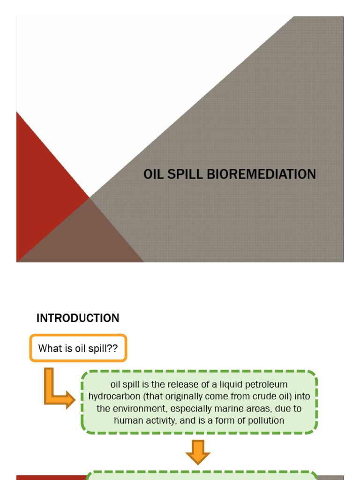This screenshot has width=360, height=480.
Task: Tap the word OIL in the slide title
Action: coord(153,174)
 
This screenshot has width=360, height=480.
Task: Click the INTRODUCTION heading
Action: coord(78,318)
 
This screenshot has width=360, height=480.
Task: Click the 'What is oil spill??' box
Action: coord(78,348)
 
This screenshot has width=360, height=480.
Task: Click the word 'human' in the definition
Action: coord(127,420)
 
